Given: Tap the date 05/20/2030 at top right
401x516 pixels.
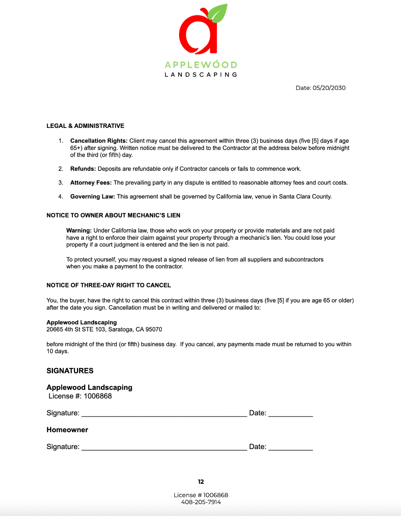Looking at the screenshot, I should (x=329, y=88).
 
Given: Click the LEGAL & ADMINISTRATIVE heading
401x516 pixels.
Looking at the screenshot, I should (x=85, y=126).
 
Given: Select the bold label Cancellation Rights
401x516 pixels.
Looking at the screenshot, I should (x=99, y=141).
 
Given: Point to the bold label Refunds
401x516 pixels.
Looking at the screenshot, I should (x=83, y=169).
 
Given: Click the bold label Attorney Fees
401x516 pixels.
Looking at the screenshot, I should (x=91, y=183).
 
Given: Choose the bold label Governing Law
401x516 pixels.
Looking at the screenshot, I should (x=92, y=197).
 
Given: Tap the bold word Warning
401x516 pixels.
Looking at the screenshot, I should (x=79, y=231).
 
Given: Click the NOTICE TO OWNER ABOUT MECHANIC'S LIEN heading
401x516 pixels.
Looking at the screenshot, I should (x=113, y=215).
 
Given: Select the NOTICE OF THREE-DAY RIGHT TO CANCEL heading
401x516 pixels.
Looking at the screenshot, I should (x=108, y=285).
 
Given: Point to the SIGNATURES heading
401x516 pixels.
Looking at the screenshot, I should (x=70, y=371).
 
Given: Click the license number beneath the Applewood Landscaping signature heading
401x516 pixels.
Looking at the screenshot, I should (x=98, y=396).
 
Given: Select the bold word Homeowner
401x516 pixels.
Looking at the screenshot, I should (x=67, y=430).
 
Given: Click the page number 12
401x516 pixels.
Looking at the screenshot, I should (x=201, y=482).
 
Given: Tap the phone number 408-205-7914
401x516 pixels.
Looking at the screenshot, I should (x=201, y=502).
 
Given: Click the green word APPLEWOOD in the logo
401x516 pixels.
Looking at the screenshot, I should (x=201, y=65).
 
